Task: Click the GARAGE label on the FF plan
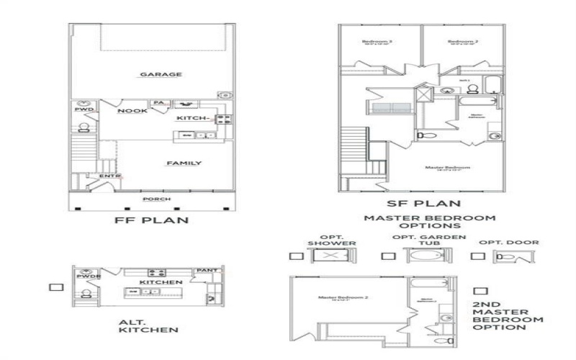[161, 74]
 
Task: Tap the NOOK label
[132, 111]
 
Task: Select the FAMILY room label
[184, 163]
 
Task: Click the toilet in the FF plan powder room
[84, 127]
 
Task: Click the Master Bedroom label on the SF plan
[443, 168]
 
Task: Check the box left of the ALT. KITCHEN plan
[53, 287]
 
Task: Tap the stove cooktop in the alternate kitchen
[158, 272]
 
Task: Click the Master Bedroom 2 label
[337, 297]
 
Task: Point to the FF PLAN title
[153, 220]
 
